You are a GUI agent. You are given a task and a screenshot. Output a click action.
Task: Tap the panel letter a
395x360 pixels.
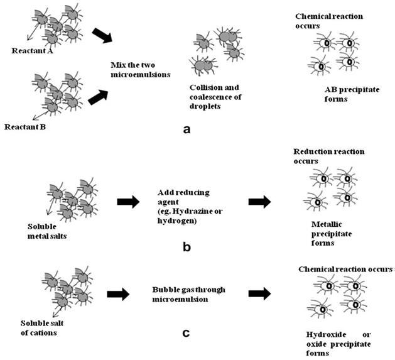(x=186, y=129)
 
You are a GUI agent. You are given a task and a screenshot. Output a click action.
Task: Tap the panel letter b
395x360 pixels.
(x=186, y=246)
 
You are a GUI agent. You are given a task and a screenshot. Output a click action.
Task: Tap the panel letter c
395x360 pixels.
(x=186, y=331)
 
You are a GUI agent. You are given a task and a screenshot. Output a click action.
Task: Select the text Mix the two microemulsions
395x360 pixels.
(x=141, y=68)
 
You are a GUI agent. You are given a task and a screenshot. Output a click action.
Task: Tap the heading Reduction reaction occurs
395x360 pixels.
(x=328, y=156)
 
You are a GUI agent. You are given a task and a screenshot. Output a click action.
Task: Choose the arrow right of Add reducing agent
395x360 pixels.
(x=259, y=202)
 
